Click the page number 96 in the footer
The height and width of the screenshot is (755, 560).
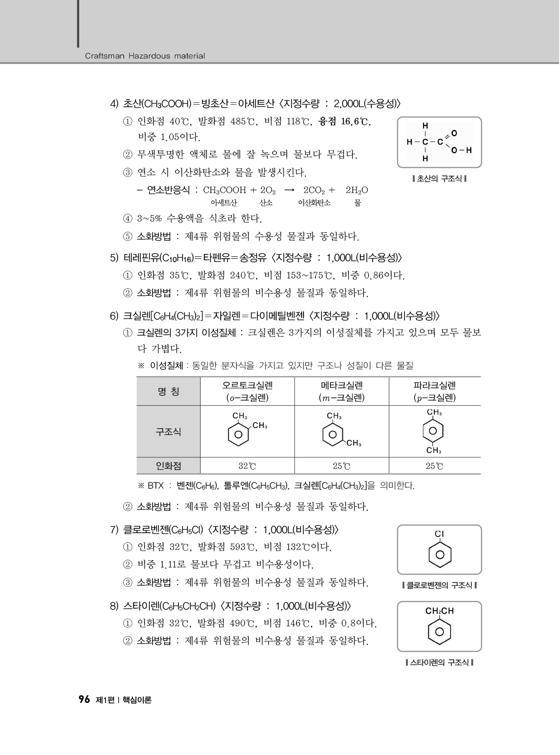(84, 700)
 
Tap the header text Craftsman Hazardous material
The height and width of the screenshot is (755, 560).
(145, 56)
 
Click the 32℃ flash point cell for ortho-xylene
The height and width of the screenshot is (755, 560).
(247, 466)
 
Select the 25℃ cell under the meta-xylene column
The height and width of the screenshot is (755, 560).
(341, 466)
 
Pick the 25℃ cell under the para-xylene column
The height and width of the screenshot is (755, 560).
(434, 466)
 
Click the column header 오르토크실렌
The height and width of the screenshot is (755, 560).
(247, 385)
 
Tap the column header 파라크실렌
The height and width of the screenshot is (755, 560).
(434, 385)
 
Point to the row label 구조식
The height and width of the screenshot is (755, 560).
(168, 432)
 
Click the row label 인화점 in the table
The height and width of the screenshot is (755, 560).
(168, 466)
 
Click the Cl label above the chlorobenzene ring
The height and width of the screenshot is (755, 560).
(440, 534)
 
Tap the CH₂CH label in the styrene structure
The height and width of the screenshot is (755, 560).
(440, 611)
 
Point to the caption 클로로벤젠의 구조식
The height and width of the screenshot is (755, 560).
(439, 585)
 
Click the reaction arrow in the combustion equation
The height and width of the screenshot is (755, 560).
(289, 191)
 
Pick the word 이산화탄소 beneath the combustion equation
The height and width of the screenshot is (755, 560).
(314, 203)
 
